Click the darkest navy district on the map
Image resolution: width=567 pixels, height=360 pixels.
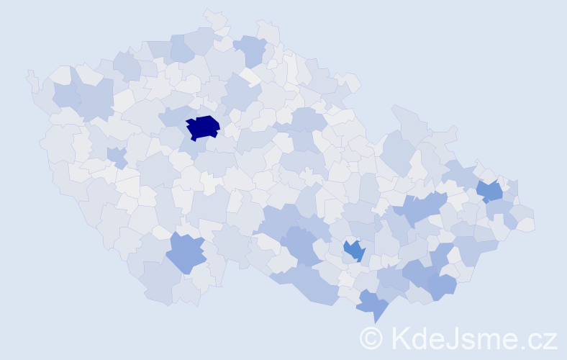pyautogui.click(x=203, y=127)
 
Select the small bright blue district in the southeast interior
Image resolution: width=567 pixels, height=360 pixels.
pyautogui.click(x=354, y=251)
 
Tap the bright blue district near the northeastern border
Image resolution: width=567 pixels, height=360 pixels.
pyautogui.click(x=490, y=191)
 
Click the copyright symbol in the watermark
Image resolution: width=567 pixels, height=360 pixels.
pyautogui.click(x=371, y=337)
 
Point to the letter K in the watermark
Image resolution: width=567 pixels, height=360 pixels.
pyautogui.click(x=400, y=337)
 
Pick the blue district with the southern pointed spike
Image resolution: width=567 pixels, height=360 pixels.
pyautogui.click(x=372, y=304)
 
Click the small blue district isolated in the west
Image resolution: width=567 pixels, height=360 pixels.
pyautogui.click(x=116, y=156)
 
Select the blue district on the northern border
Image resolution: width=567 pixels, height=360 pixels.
pyautogui.click(x=251, y=50)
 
